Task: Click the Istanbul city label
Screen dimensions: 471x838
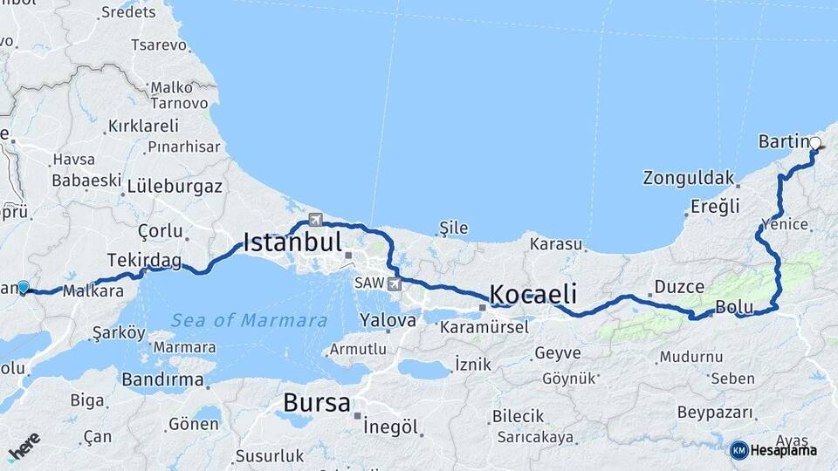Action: coord(292,242)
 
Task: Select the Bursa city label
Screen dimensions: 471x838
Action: coord(316,404)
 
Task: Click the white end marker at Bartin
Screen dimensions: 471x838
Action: coord(815,144)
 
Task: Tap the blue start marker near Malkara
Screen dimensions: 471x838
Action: coord(23,287)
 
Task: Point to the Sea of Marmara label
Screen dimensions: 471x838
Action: coord(249,320)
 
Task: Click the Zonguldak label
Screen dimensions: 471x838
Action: coord(688,178)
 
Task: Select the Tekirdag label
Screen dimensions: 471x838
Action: coord(144,260)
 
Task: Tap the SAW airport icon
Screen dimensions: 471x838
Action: coord(395,283)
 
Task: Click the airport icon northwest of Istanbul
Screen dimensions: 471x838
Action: coord(315,219)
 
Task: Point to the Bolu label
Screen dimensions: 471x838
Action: coord(733,306)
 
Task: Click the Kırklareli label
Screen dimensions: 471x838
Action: coord(143,126)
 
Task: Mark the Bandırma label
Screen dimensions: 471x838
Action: coord(163,379)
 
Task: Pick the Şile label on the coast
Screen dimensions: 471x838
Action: coord(453,229)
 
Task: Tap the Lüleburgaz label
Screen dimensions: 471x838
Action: coord(175,186)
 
